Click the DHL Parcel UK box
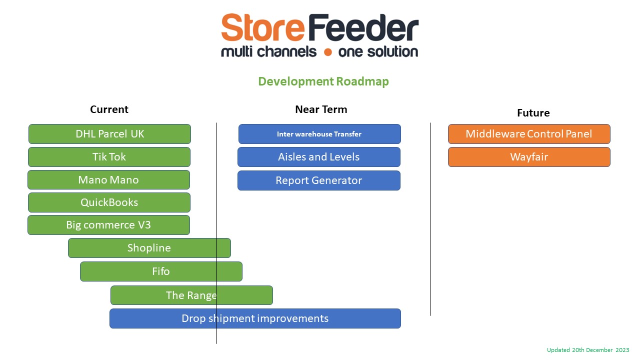[109, 134]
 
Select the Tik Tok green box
[109, 157]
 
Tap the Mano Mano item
[108, 180]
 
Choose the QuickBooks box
[109, 202]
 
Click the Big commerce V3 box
[108, 225]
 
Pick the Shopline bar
[149, 248]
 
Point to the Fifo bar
[161, 271]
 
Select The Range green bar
[191, 295]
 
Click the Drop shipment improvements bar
[255, 318]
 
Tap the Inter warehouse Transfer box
[319, 134]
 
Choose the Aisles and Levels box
[319, 157]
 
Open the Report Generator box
[319, 180]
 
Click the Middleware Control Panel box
[529, 134]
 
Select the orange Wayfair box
[529, 157]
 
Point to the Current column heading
[109, 109]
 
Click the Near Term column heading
[321, 109]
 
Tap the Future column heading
[533, 113]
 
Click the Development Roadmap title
[323, 81]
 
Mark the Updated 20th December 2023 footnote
[588, 350]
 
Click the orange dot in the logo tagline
[327, 52]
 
